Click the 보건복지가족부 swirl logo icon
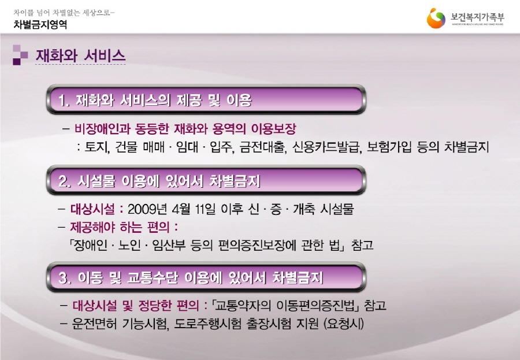click(x=436, y=18)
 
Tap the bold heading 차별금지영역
click(x=40, y=24)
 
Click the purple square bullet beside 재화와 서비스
click(x=20, y=55)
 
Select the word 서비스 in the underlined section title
click(x=105, y=55)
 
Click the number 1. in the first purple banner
click(x=64, y=101)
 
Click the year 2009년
click(x=147, y=209)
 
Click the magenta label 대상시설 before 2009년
click(x=92, y=209)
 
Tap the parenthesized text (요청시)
click(x=344, y=324)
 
